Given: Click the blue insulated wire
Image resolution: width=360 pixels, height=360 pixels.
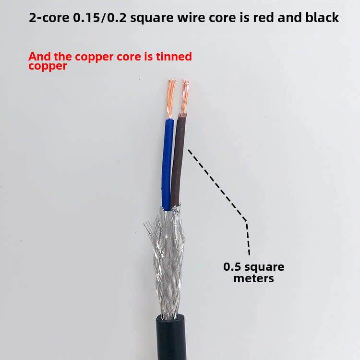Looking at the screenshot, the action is (167, 163).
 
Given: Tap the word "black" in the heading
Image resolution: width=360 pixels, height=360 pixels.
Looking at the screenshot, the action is (322, 18).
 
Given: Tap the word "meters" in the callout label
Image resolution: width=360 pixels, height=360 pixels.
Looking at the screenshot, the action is (254, 278).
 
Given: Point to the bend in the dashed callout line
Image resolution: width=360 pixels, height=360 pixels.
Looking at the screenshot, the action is (247, 221).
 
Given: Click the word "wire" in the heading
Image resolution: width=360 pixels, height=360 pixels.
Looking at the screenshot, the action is (190, 18).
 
